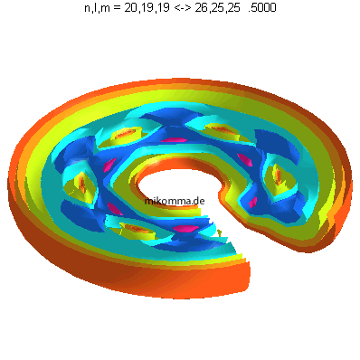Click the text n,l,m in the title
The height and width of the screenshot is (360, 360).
(98, 8)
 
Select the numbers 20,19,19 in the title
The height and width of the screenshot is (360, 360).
(147, 8)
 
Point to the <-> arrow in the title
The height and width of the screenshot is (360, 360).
(183, 8)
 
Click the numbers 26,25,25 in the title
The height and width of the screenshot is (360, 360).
(217, 8)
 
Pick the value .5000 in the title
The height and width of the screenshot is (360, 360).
(261, 8)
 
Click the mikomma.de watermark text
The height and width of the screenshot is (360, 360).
(175, 201)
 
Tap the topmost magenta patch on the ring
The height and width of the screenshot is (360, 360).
(174, 140)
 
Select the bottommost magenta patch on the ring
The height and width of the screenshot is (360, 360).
(185, 229)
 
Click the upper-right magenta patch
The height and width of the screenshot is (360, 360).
(244, 160)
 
